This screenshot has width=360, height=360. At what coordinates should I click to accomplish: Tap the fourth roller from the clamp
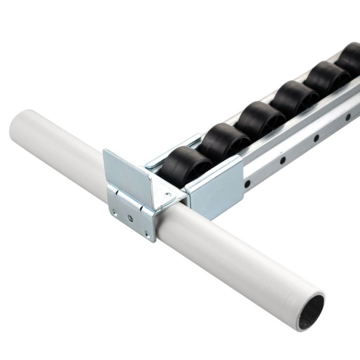(294, 98)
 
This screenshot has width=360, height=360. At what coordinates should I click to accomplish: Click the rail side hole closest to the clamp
(248, 183)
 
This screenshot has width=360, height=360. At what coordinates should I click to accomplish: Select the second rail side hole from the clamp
(282, 160)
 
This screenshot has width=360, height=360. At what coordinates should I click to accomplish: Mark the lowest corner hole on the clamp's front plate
(148, 235)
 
